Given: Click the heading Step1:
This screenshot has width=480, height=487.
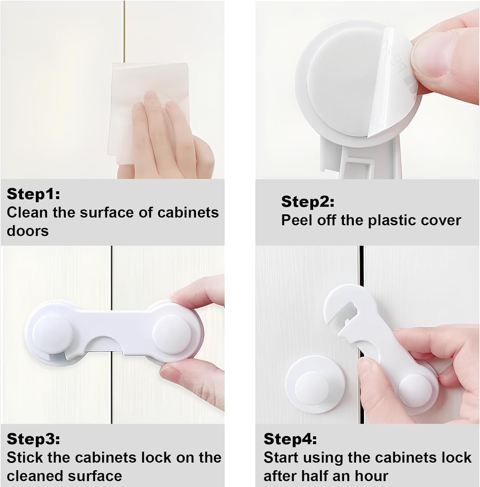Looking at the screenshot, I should (x=33, y=194).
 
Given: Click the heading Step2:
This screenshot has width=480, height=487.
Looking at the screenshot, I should (x=307, y=202).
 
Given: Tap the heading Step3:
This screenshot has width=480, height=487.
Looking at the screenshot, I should (x=33, y=439).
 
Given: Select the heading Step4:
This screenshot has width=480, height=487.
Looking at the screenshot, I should (x=290, y=439).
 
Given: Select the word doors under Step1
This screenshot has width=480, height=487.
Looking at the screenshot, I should (x=28, y=231).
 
